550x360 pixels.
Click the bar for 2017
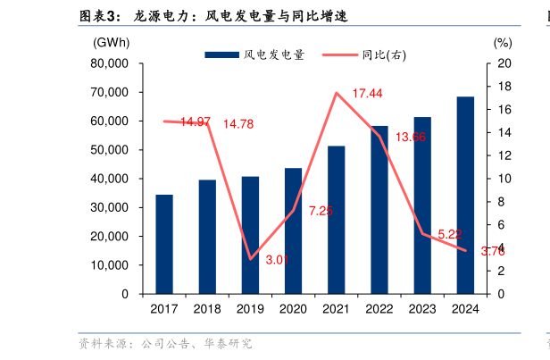[x=164, y=244]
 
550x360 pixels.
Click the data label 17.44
[x=367, y=94]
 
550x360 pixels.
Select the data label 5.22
[x=449, y=235]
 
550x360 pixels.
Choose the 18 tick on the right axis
[x=503, y=87]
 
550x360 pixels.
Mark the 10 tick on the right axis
[x=503, y=179]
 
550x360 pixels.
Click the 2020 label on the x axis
[x=293, y=309]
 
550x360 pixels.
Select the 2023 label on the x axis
[x=422, y=309]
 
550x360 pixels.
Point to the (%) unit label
[x=502, y=42]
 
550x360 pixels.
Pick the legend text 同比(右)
[x=385, y=55]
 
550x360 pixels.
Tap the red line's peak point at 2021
[x=337, y=93]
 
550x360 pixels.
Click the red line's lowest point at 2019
[x=251, y=259]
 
